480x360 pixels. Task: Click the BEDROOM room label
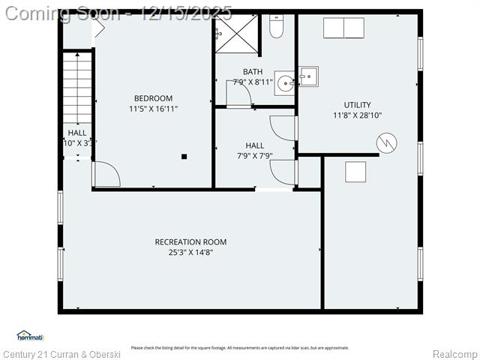click(153, 98)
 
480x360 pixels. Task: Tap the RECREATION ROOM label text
click(190, 241)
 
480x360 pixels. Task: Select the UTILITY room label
click(357, 105)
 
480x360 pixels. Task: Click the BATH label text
click(253, 72)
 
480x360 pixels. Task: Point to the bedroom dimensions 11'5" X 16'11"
click(153, 109)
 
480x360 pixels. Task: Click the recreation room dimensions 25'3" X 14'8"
click(190, 252)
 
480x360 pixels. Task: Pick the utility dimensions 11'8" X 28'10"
click(357, 115)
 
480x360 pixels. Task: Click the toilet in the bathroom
click(277, 27)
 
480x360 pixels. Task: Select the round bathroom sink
click(286, 83)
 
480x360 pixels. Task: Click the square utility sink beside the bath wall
click(308, 76)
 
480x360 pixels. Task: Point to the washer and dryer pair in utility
click(343, 28)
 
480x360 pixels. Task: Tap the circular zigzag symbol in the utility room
click(386, 142)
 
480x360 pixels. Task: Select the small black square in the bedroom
click(184, 157)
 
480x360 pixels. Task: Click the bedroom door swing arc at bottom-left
click(106, 175)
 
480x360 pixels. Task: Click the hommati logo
click(31, 336)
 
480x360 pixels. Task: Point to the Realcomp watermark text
click(454, 354)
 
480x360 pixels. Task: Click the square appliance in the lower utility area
click(355, 172)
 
